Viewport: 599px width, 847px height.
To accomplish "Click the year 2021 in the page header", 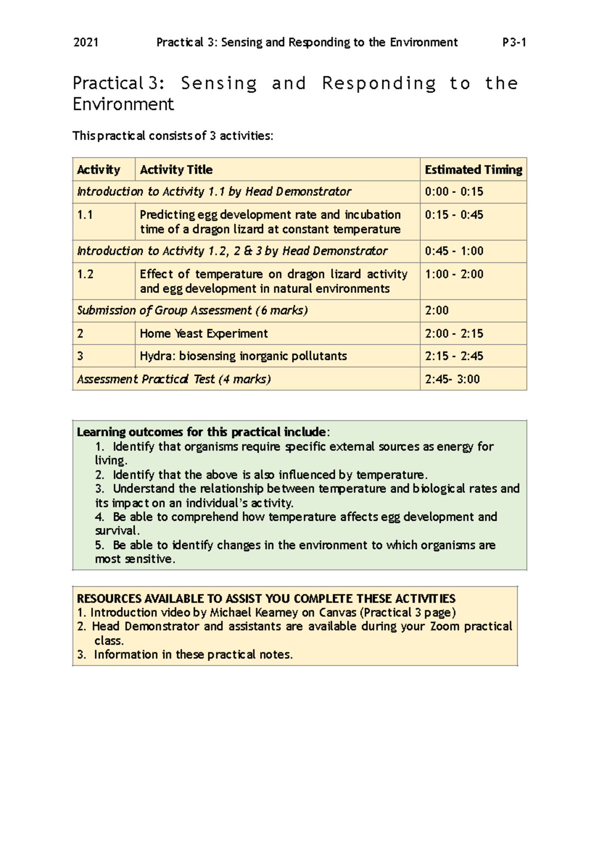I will (85, 42).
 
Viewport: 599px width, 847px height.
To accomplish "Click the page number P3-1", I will (514, 42).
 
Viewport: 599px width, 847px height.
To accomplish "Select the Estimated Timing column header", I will (473, 170).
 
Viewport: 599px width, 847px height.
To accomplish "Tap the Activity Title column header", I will (176, 170).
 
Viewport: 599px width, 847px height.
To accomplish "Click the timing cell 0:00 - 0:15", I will (454, 192).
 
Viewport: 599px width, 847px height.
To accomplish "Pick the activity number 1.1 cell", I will (85, 215).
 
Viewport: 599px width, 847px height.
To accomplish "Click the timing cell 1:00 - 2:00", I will (454, 274).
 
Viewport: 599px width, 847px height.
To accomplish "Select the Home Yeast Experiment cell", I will (204, 333).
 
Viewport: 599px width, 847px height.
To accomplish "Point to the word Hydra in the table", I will (156, 356).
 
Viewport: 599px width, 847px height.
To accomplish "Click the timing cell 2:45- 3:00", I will (452, 379).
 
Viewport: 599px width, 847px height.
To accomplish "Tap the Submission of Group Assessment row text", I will (192, 310).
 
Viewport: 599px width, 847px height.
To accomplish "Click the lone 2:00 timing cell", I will (437, 310).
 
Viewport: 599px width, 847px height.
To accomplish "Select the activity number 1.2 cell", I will (85, 274).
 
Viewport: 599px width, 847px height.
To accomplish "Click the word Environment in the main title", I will (123, 104).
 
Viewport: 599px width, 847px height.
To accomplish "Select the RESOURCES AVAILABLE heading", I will (266, 599).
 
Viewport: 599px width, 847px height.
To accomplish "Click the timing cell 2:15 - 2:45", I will (454, 356).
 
